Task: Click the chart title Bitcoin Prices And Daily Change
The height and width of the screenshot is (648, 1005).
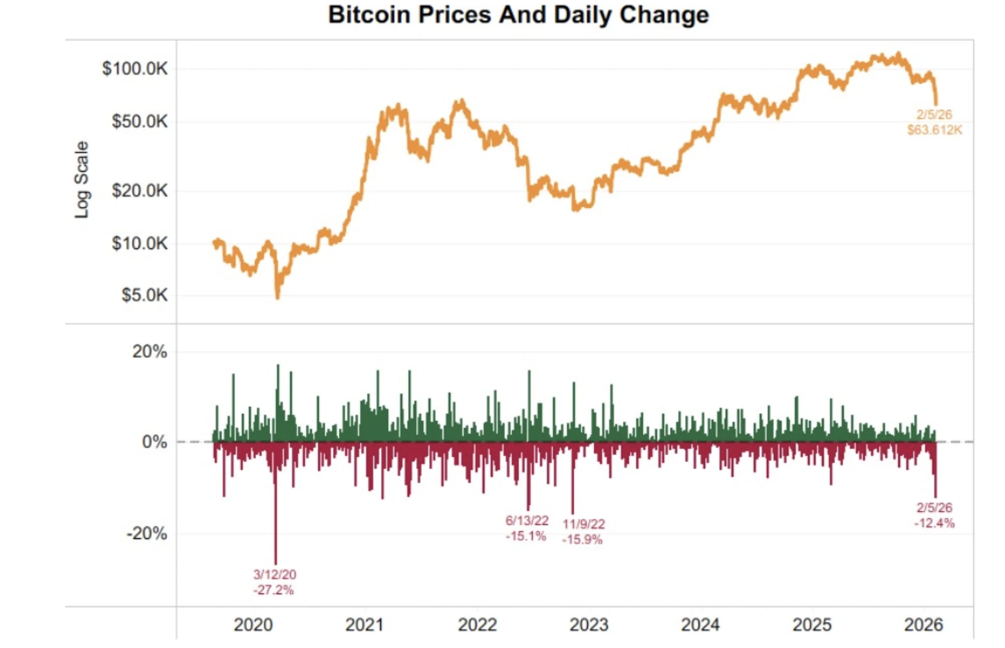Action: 518,15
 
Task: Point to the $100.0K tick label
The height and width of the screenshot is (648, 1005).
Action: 135,69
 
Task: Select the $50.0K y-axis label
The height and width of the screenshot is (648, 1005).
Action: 140,121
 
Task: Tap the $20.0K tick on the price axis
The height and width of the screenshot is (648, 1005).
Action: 140,191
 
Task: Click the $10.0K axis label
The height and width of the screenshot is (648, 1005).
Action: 140,243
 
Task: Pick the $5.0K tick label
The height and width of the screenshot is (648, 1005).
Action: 145,295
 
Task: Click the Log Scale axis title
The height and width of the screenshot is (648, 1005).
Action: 82,179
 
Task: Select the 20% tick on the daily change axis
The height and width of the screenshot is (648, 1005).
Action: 149,352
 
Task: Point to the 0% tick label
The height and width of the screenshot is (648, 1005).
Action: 154,442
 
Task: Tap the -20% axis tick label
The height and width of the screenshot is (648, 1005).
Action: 146,534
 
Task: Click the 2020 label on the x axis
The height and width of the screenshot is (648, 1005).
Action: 253,625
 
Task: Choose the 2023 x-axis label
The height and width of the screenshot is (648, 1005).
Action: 588,625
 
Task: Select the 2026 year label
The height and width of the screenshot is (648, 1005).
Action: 923,625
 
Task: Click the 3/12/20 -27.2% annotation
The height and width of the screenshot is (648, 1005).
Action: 274,582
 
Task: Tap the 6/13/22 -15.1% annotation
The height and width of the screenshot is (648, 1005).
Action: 526,528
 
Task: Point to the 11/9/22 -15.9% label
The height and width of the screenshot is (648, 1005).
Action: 583,532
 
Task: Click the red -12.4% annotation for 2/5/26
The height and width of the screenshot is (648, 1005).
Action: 934,515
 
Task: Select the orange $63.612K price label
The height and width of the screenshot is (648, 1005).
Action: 934,123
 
